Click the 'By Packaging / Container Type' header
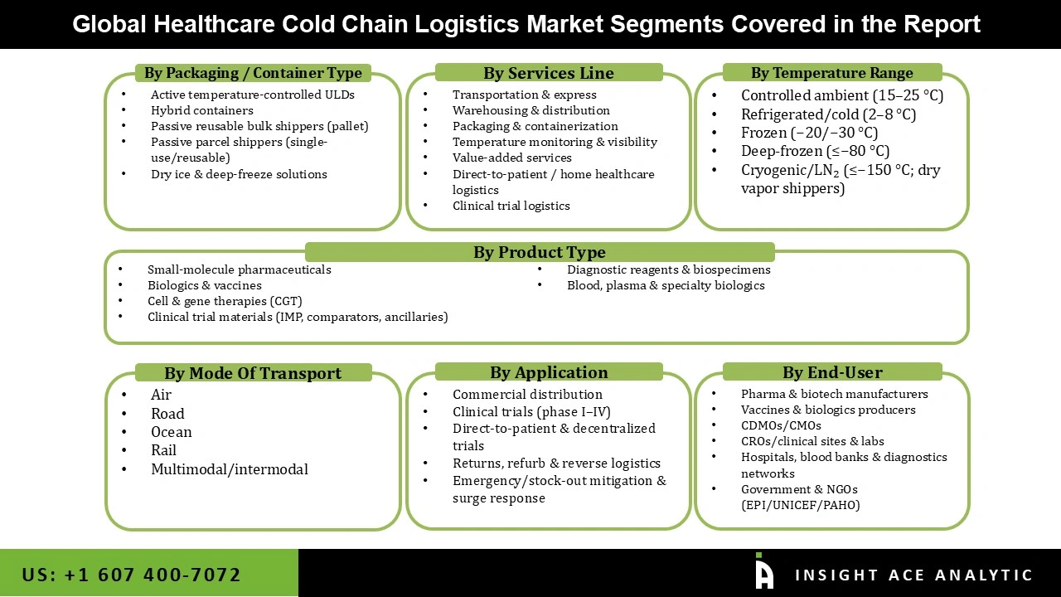[x=253, y=73]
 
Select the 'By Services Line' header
[x=548, y=73]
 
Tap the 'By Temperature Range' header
[x=831, y=73]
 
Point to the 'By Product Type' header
[x=540, y=252]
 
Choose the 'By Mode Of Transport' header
[x=253, y=373]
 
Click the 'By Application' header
[x=548, y=372]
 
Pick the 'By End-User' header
[x=831, y=372]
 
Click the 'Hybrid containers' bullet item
[x=201, y=110]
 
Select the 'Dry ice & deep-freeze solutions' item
[x=239, y=174]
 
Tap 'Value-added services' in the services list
[x=511, y=158]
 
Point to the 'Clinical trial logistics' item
[x=511, y=206]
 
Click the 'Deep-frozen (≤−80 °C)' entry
[x=815, y=151]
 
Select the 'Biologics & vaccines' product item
[x=204, y=285]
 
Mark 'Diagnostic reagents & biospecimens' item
[x=668, y=269]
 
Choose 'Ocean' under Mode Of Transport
[x=171, y=432]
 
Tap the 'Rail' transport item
[x=163, y=450]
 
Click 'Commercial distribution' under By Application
[x=527, y=395]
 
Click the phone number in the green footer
[x=131, y=575]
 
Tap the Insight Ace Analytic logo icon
[x=764, y=572]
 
